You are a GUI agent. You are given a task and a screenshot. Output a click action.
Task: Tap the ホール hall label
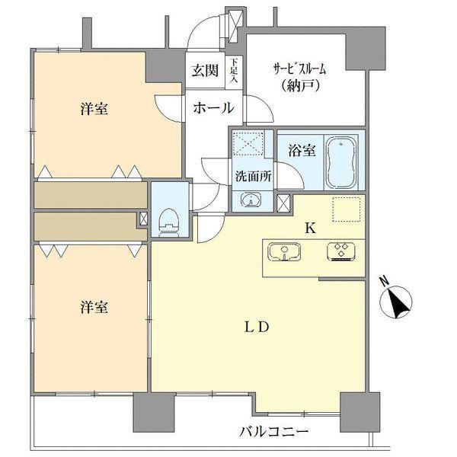[213, 108]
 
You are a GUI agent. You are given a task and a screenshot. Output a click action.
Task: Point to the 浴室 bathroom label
[302, 151]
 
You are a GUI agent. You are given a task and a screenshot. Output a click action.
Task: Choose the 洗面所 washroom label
[251, 172]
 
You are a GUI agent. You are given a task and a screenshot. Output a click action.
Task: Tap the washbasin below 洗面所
[251, 200]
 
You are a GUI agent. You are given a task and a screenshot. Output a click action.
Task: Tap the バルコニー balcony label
[274, 432]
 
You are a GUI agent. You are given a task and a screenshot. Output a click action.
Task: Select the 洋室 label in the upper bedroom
[93, 110]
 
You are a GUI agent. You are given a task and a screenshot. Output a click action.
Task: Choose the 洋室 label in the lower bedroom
[93, 308]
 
